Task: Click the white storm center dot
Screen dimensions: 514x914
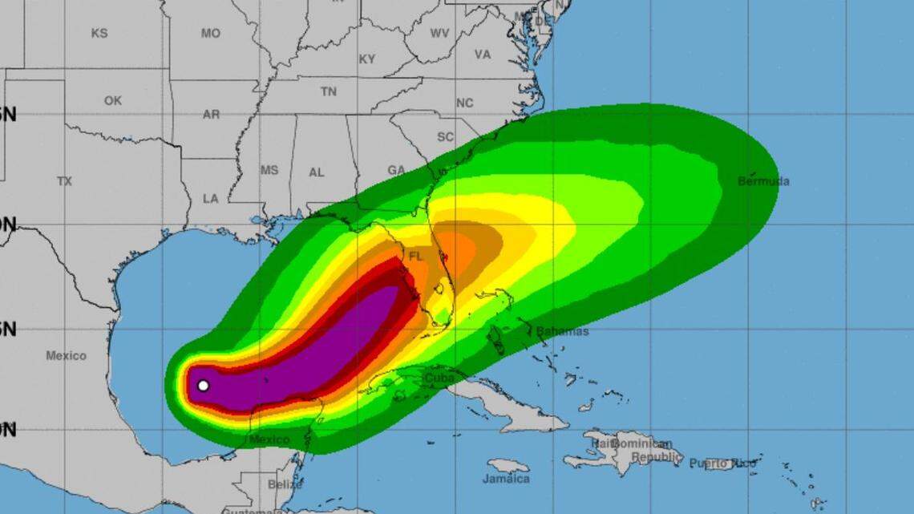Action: pyautogui.click(x=203, y=386)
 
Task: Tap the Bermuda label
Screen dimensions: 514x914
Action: pyautogui.click(x=763, y=181)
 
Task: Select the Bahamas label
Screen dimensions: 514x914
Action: pyautogui.click(x=562, y=331)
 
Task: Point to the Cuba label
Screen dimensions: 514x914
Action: pyautogui.click(x=439, y=378)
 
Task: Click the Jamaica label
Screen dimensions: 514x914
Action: pyautogui.click(x=506, y=479)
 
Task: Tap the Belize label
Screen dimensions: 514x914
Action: pyautogui.click(x=285, y=484)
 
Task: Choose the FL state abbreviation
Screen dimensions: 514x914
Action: pyautogui.click(x=415, y=257)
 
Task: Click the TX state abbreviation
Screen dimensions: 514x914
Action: pyautogui.click(x=64, y=181)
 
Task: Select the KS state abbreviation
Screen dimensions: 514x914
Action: pyautogui.click(x=99, y=34)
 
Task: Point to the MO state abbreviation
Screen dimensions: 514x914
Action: pyautogui.click(x=211, y=34)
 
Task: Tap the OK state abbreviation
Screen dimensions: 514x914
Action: pyautogui.click(x=113, y=101)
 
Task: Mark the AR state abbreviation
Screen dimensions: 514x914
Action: pyautogui.click(x=211, y=115)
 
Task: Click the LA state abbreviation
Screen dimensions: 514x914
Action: pyautogui.click(x=211, y=198)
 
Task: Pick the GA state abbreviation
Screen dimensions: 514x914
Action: pyautogui.click(x=396, y=170)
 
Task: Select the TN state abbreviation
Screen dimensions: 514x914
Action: pyautogui.click(x=329, y=92)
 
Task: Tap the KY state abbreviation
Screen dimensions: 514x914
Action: pyautogui.click(x=367, y=59)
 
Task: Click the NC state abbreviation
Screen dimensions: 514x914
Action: pyautogui.click(x=465, y=103)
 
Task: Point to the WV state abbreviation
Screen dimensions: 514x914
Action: pyautogui.click(x=439, y=34)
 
